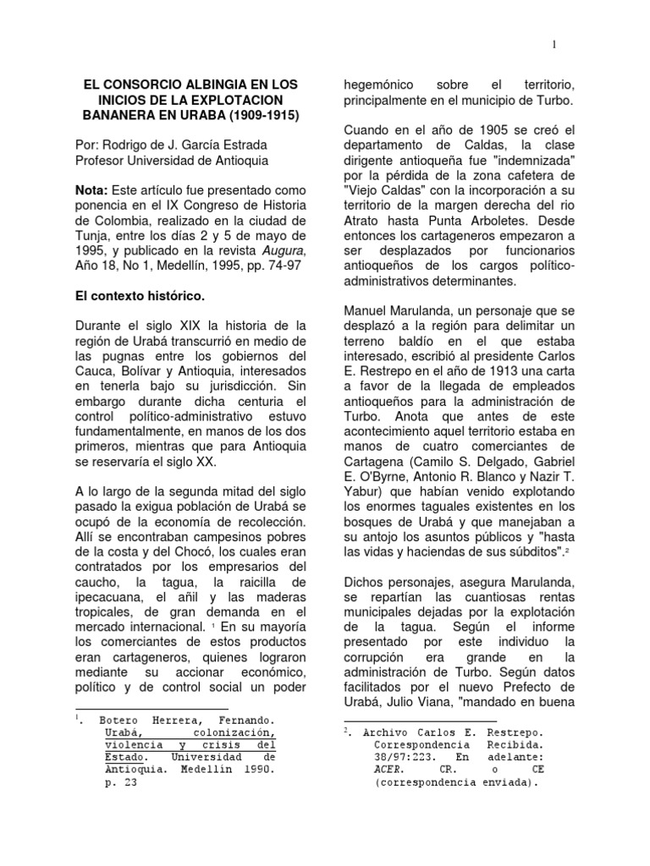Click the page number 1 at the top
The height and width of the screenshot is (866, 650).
(x=553, y=45)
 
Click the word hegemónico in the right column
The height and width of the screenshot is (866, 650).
(x=377, y=85)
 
